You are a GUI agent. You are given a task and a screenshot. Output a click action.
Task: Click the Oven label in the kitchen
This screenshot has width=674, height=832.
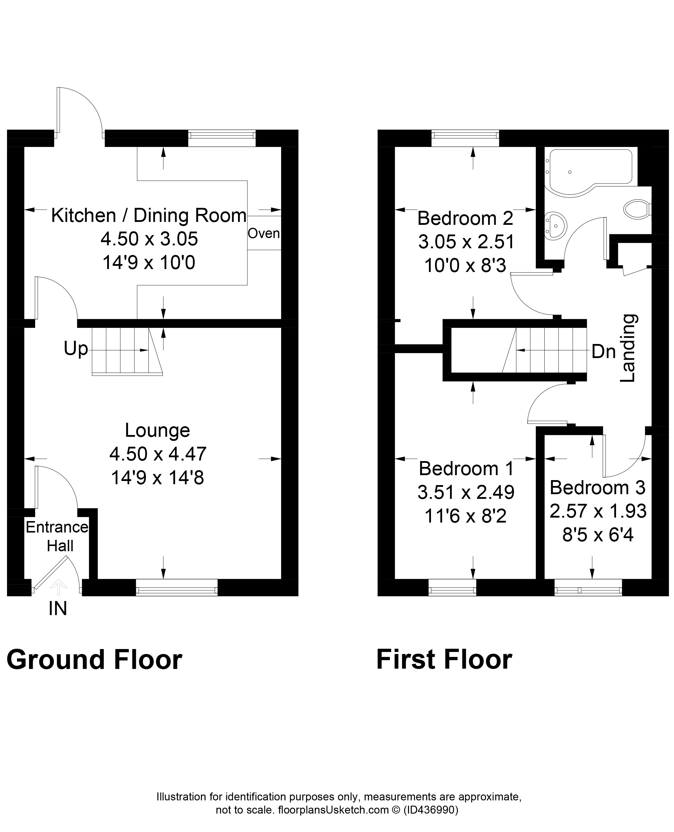click(x=264, y=233)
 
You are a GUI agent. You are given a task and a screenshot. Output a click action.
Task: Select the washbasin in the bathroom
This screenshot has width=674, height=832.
click(x=556, y=225)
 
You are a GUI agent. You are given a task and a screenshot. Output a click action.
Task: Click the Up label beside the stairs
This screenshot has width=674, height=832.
click(x=76, y=349)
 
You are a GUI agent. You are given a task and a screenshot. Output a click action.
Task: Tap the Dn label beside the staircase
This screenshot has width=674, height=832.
click(x=603, y=352)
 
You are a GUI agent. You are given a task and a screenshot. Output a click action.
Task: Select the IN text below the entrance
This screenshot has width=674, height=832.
click(x=58, y=608)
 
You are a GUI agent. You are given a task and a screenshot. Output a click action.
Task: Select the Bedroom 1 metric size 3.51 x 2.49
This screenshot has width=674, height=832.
click(x=466, y=492)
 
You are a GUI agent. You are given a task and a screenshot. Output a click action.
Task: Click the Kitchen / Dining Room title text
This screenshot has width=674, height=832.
click(x=149, y=215)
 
